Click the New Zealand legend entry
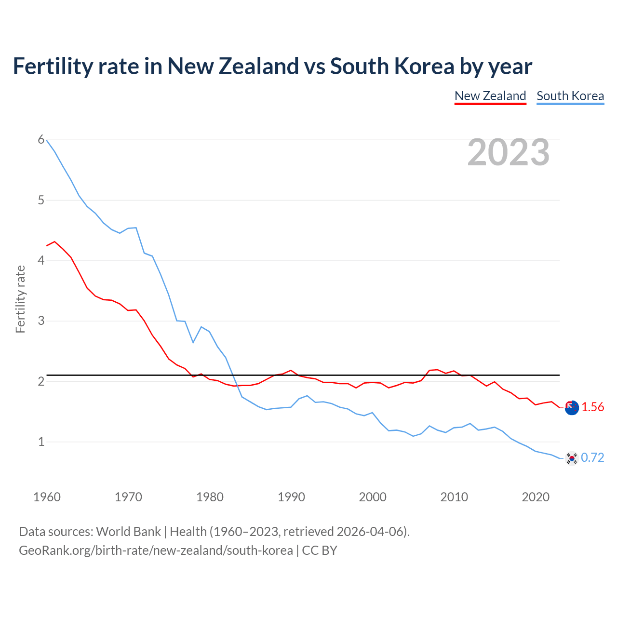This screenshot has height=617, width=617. pos(490,96)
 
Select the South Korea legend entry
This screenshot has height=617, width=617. pos(570,96)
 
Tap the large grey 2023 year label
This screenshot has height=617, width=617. pos(509,152)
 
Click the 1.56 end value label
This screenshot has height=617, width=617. pos(592,407)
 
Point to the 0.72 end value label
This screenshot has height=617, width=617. pos(592,457)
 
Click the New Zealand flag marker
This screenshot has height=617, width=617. pos(572,408)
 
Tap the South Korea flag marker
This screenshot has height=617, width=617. pos(572,458)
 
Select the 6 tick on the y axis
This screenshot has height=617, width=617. pos(41,140)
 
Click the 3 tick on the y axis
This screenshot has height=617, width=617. pos(41,321)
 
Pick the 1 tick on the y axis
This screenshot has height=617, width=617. pos(41,442)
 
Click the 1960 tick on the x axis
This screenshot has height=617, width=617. pos(47,497)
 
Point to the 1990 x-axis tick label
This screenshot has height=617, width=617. pos(291,497)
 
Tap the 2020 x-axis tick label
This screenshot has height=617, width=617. pos(536,497)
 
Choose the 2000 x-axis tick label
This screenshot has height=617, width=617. pos(373,497)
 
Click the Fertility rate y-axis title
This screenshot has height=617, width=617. pos(20,299)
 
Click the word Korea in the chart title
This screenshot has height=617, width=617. pos(424,67)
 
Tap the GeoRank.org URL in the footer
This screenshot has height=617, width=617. pos(156,550)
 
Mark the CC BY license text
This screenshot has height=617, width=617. pos(320,550)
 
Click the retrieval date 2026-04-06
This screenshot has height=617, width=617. pos(370,532)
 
